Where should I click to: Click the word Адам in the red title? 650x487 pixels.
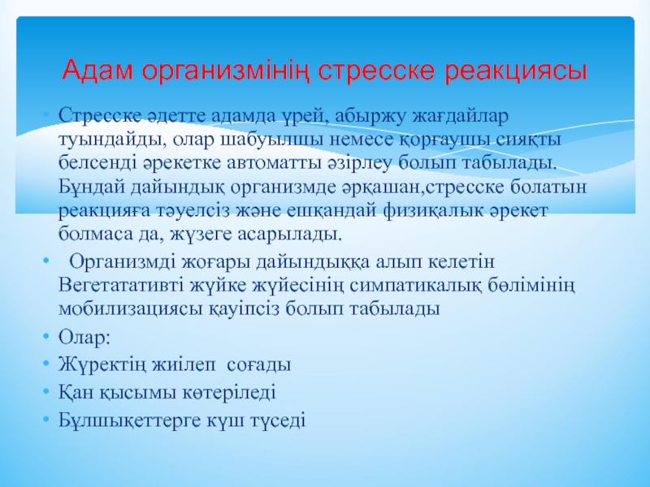click(97, 70)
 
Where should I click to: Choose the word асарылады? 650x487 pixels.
click(290, 235)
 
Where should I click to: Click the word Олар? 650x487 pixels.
click(84, 337)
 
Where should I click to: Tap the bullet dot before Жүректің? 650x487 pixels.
click(46, 364)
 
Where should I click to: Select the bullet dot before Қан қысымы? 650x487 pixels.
click(46, 392)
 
